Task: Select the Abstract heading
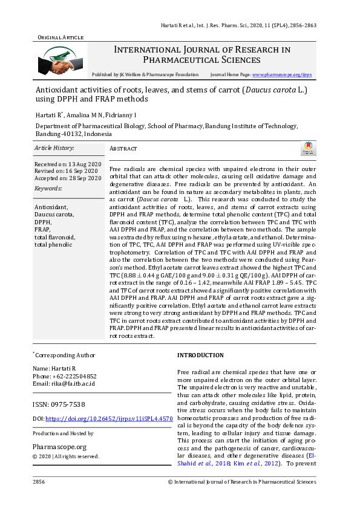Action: (x=123, y=149)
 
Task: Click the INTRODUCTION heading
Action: (x=200, y=355)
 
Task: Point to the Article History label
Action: (x=54, y=148)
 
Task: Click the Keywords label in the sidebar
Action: (x=48, y=188)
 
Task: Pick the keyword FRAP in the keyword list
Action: (x=42, y=230)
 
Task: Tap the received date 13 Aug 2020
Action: (x=85, y=164)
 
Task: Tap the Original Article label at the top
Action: (x=61, y=37)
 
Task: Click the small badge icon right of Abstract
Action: (x=309, y=148)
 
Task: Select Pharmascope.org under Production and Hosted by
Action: (x=59, y=446)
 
